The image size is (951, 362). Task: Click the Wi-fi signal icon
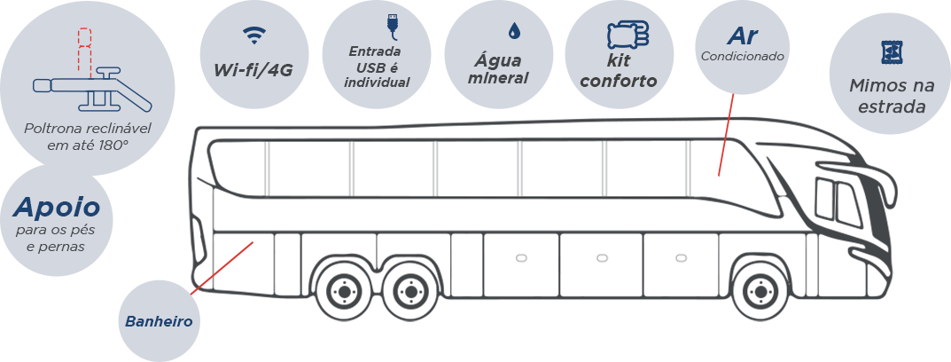[x=254, y=35]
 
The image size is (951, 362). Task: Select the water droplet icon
[x=513, y=31]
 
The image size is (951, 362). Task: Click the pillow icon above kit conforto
[x=628, y=35]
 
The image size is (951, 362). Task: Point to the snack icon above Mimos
[x=889, y=52]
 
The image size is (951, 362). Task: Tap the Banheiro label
[x=159, y=320]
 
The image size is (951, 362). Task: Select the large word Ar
[x=742, y=35]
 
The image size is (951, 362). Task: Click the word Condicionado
[x=742, y=56]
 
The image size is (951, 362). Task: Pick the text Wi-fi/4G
[x=253, y=70]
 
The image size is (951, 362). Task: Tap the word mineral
[x=499, y=77]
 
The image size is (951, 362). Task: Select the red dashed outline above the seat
[x=84, y=49]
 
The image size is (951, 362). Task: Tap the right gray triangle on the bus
[x=703, y=169]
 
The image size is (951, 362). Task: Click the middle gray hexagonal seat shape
[x=603, y=261]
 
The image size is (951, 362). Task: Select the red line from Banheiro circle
[x=222, y=267]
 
